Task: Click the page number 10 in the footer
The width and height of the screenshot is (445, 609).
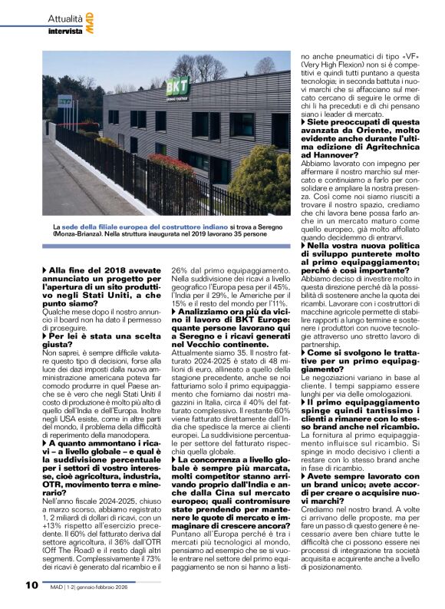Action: pyautogui.click(x=31, y=584)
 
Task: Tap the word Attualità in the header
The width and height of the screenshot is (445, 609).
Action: pyautogui.click(x=64, y=18)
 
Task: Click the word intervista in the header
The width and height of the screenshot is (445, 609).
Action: pyautogui.click(x=65, y=31)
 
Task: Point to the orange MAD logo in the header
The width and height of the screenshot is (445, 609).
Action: pyautogui.click(x=90, y=24)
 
